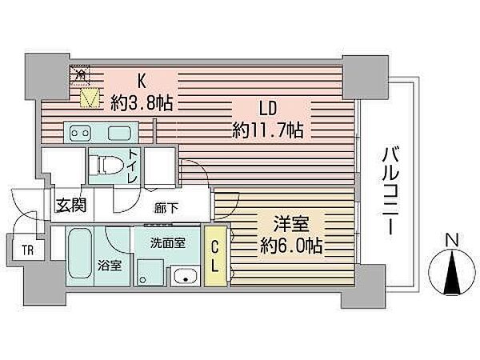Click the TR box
pyautogui.click(x=28, y=249)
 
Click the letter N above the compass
pyautogui.click(x=451, y=238)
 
